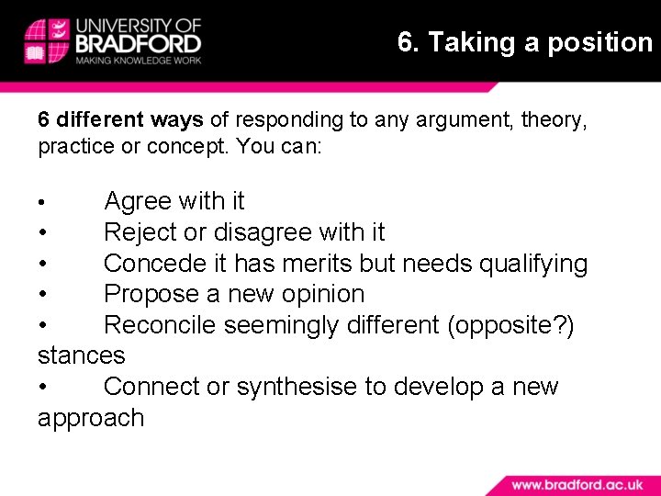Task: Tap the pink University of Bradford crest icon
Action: pos(47,40)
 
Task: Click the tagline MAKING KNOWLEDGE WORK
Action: pos(138,61)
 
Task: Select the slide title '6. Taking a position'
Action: pos(524,42)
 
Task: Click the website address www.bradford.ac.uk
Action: pos(577,484)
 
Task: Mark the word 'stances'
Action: pos(81,355)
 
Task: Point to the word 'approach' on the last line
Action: pos(91,418)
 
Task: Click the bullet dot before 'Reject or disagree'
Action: pos(43,233)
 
